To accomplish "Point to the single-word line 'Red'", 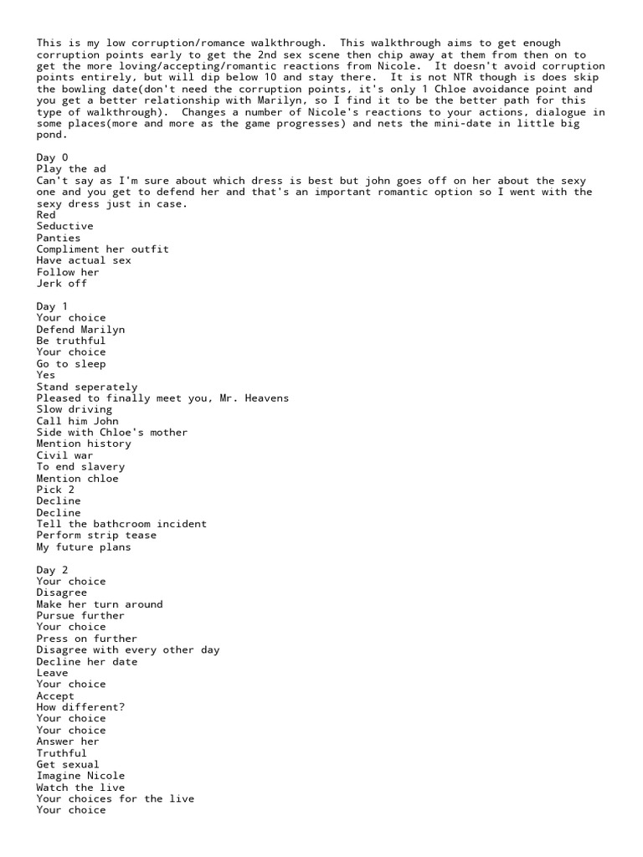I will click(46, 215).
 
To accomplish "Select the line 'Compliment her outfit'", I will click(102, 249).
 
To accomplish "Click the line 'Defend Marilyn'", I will click(80, 330).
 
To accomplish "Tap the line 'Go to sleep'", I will click(71, 364).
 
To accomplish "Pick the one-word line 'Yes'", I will click(46, 376).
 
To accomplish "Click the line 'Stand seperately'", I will click(87, 387).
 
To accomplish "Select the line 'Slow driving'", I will click(75, 410).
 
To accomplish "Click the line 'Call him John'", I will click(78, 421).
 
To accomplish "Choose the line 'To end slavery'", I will click(80, 467).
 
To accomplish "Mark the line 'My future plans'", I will click(84, 547).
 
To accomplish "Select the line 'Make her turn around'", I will click(100, 604).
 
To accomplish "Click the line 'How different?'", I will click(80, 707).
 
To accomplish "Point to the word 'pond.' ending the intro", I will click(53, 134).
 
